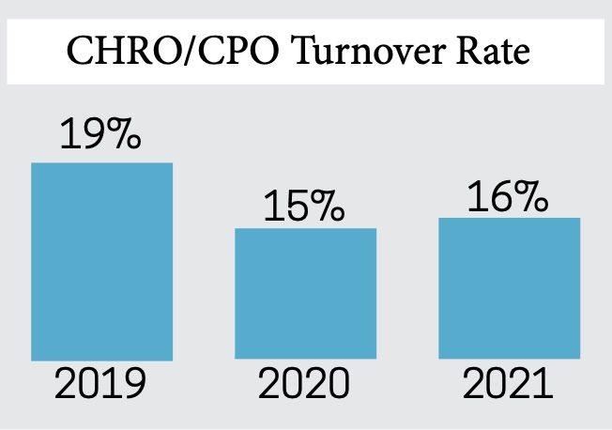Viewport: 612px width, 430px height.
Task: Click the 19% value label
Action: coord(100,135)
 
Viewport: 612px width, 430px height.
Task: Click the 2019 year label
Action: coord(100,386)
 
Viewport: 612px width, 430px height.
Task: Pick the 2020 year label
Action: coord(305,386)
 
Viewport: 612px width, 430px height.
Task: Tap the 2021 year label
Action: coord(510,386)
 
